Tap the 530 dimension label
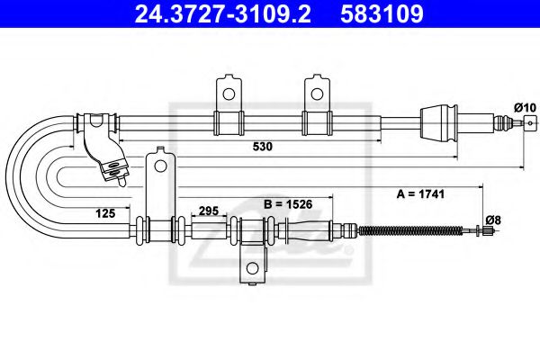click(x=261, y=145)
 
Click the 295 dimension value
click(x=208, y=211)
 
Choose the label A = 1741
click(x=421, y=193)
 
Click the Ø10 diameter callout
click(x=525, y=108)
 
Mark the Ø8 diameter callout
click(x=492, y=218)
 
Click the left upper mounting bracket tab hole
click(x=229, y=93)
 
